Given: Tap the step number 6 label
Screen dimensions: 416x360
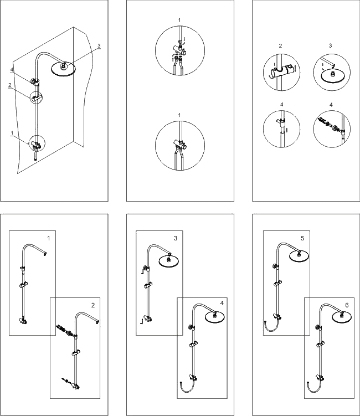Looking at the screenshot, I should click(x=347, y=305).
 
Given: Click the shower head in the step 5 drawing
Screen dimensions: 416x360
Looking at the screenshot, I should click(x=298, y=255).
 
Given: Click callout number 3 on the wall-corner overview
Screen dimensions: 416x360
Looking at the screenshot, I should click(x=99, y=46).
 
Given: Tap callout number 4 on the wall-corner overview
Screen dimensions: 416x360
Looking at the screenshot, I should click(x=12, y=69).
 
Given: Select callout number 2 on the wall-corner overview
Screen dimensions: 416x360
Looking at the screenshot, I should click(x=9, y=85).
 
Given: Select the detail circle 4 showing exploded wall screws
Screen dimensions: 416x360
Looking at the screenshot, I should click(x=331, y=128).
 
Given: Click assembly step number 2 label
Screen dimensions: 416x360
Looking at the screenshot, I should click(x=93, y=305).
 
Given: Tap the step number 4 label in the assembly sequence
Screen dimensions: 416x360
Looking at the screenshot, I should click(x=222, y=303).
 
